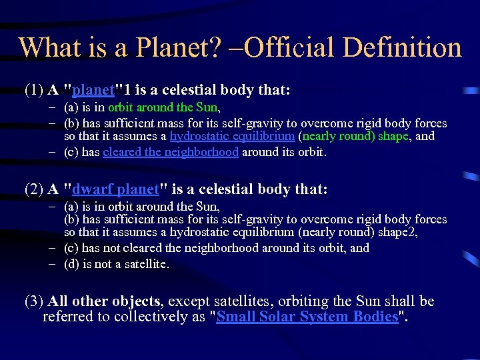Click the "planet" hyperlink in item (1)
tap(97, 90)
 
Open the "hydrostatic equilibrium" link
tap(232, 136)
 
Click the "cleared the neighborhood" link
tap(171, 151)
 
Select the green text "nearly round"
tap(333, 136)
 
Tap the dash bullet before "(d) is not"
tap(53, 264)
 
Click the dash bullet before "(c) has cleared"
tap(53, 151)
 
